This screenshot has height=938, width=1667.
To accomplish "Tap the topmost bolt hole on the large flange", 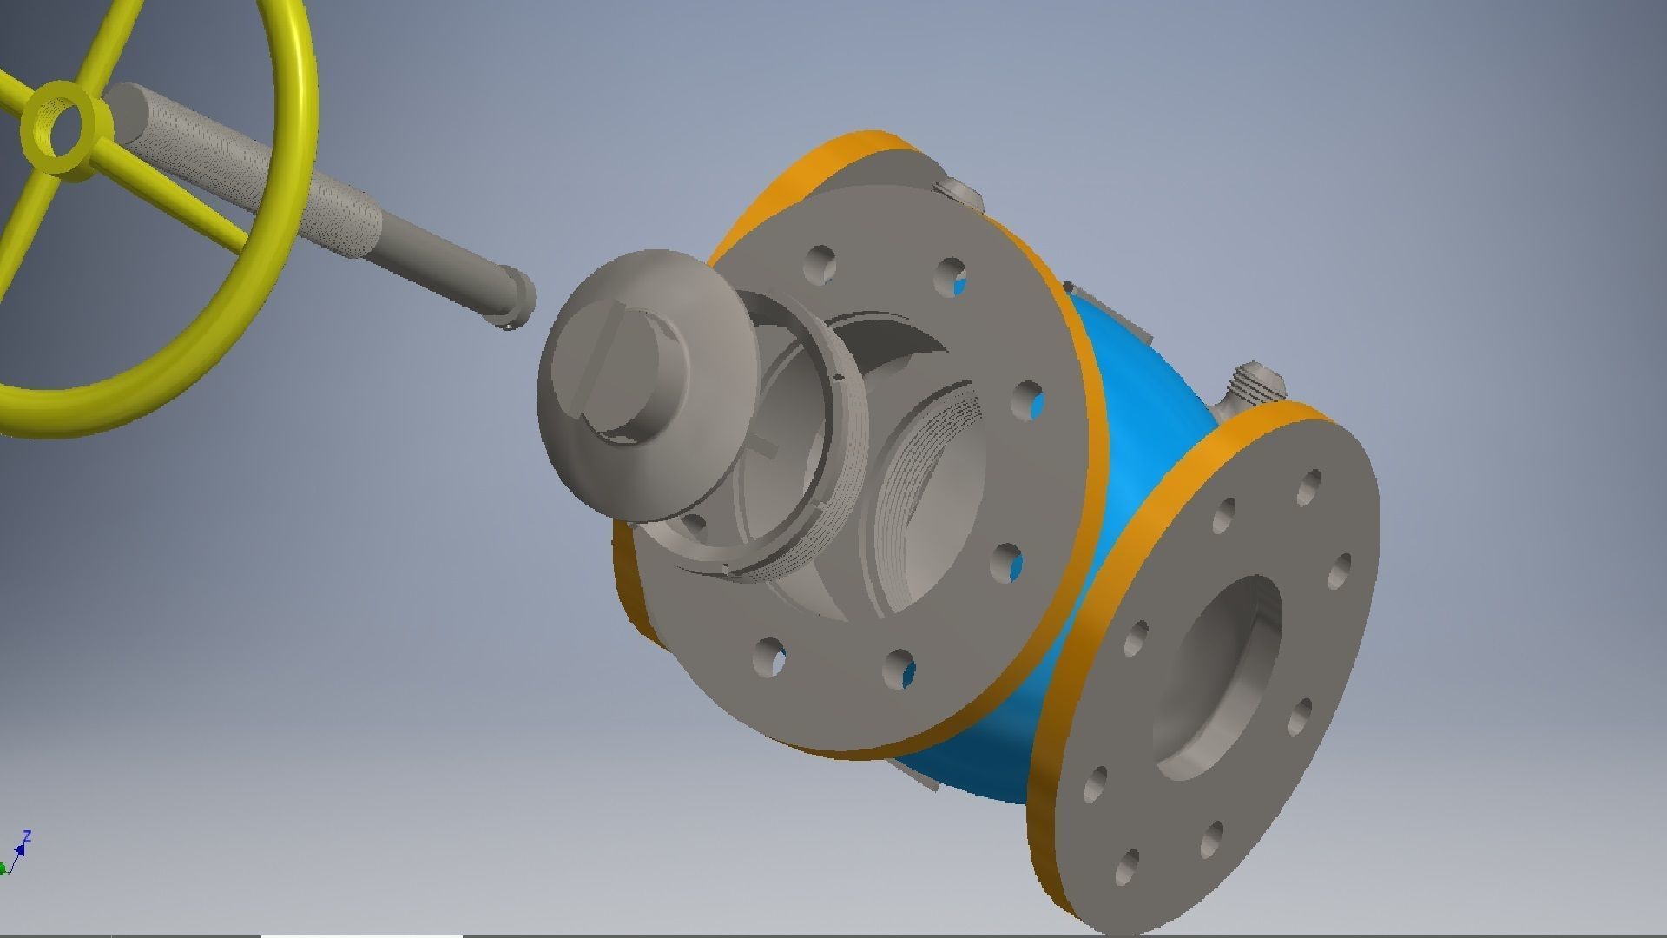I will [820, 261].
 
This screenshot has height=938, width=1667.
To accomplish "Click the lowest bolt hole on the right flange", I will [1127, 863].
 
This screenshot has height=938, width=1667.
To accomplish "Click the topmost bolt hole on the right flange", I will [1309, 486].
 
